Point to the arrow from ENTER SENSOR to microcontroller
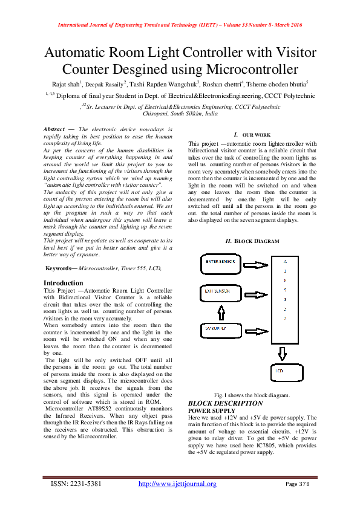[x=257, y=262]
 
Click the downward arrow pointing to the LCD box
[x=281, y=351]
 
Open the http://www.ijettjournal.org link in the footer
[x=177, y=484]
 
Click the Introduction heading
[x=64, y=283]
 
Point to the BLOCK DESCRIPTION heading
[x=225, y=403]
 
